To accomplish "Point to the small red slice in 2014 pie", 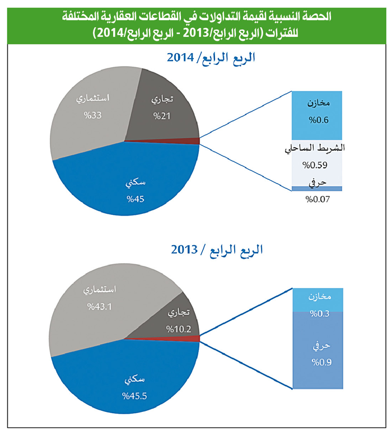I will (194, 141).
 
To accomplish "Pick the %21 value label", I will (162, 116).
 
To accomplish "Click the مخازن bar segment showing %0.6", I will (317, 112).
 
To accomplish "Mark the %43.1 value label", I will (100, 307).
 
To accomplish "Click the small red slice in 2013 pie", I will (194, 338).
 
